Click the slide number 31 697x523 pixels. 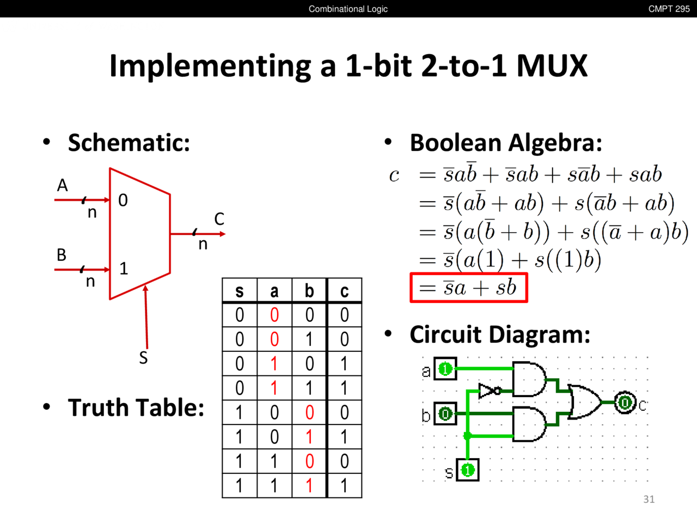649,499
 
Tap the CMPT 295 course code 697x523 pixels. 669,9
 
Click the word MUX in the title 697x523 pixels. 552,66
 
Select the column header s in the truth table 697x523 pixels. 240,291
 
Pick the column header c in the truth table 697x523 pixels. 344,291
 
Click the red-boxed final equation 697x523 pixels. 469,288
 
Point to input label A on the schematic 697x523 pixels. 63,186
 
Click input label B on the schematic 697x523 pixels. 62,255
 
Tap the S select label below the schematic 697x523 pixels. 143,358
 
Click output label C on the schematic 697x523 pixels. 219,219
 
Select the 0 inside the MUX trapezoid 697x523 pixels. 123,200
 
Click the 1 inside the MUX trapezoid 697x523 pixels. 124,269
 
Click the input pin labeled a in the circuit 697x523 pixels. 445,369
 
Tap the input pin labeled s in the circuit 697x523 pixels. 467,470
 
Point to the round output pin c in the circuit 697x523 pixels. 625,403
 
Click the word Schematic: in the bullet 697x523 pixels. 129,143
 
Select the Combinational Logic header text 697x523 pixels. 348,9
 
